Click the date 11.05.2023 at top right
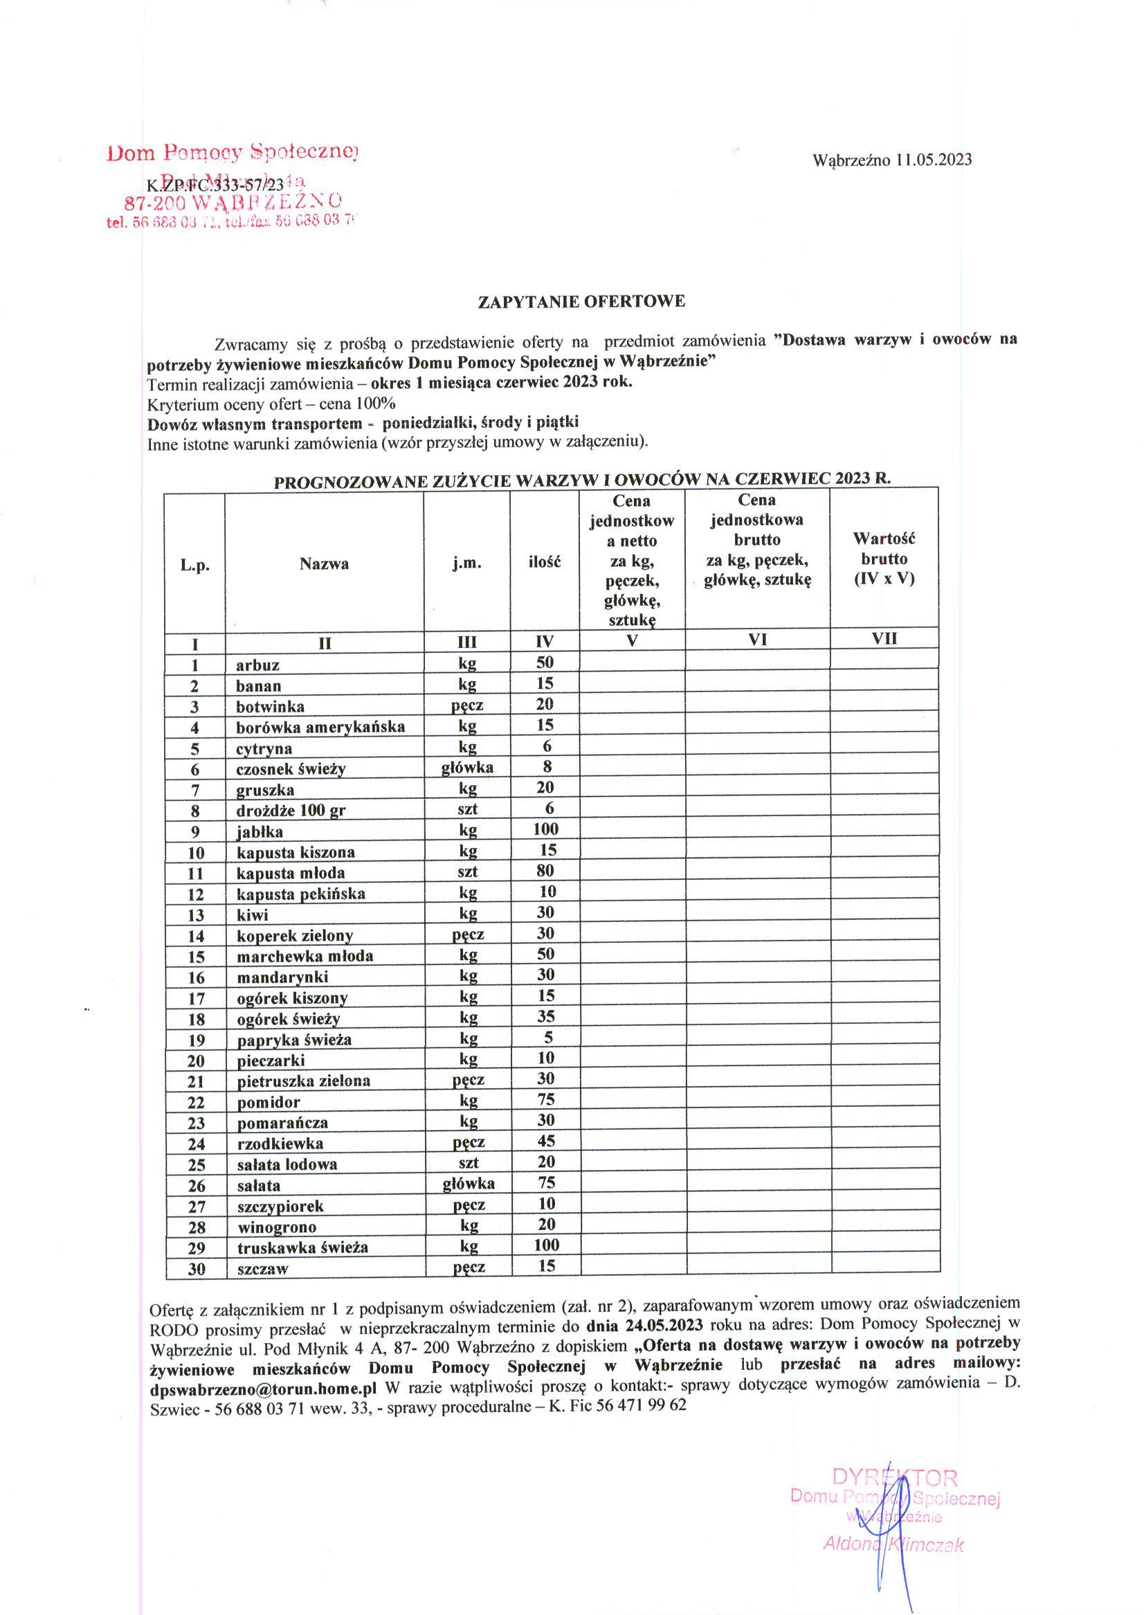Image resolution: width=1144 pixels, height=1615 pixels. coord(934,160)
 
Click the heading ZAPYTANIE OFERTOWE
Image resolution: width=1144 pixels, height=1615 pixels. coord(581,302)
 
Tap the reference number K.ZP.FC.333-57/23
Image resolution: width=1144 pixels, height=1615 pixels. coord(215,186)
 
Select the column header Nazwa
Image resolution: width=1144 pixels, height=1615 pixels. coord(324,563)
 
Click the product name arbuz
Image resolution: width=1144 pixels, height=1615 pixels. coord(258,665)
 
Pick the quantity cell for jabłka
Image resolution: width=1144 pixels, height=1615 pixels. coord(545,829)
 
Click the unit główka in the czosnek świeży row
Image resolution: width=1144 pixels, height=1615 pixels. coord(467,767)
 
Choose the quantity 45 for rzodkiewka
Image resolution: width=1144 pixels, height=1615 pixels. coord(545,1141)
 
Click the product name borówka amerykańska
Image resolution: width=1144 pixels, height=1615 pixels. coord(320,727)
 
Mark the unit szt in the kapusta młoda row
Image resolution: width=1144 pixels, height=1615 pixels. coord(468,872)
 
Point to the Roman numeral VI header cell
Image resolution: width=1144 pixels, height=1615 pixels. coord(757,640)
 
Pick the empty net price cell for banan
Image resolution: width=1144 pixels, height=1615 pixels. coord(632,685)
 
